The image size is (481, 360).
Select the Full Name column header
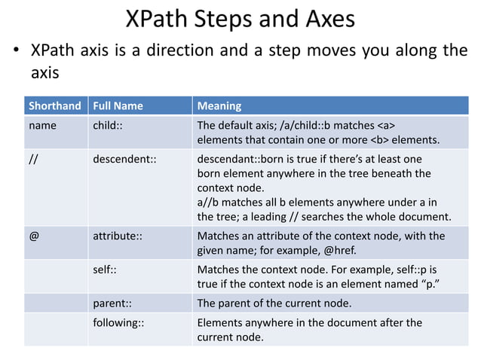118,105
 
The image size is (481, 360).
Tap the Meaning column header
219,105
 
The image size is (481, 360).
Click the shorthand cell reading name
42,126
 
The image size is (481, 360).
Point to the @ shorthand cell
33,236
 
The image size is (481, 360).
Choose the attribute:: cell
118,236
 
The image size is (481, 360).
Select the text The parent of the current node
274,304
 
